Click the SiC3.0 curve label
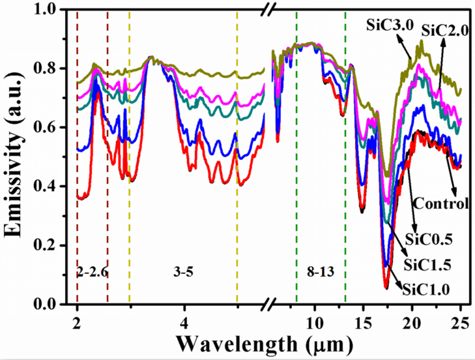(x=386, y=24)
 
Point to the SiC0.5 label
(x=426, y=238)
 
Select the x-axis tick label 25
(x=461, y=320)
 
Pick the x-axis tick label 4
(x=185, y=320)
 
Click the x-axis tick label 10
(x=315, y=320)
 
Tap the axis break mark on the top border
(x=268, y=10)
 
